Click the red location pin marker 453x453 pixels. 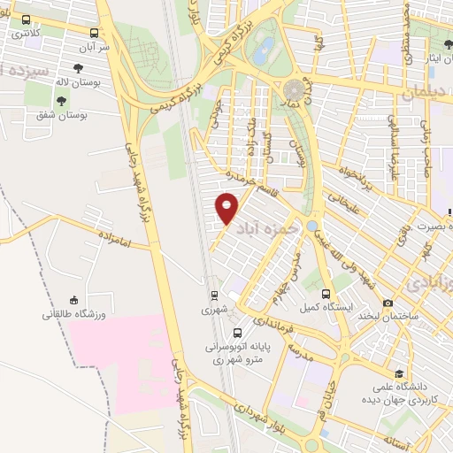click(x=226, y=208)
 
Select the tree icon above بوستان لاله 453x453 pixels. click(x=78, y=68)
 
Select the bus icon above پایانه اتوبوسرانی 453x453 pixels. click(x=236, y=333)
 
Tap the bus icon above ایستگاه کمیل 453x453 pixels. click(x=326, y=293)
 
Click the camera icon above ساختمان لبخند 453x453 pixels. click(x=388, y=303)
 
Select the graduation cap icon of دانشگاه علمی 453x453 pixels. click(x=400, y=373)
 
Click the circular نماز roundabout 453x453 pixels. click(x=294, y=90)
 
